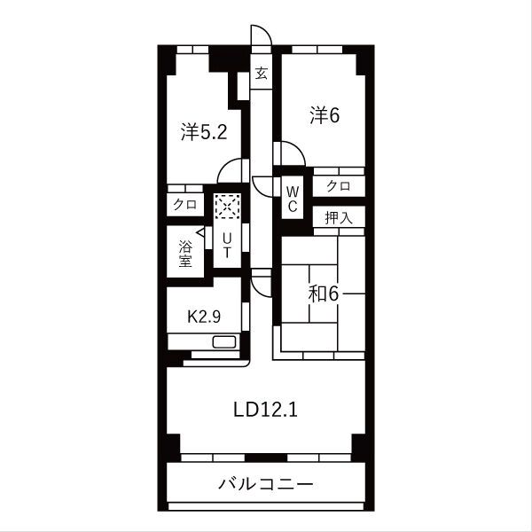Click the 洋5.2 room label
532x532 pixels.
point(205,132)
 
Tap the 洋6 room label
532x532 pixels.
point(325,115)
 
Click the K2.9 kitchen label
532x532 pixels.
point(203,316)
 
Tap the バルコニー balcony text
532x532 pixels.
point(266,484)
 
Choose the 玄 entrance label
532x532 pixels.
point(262,74)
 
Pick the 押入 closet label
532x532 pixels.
point(338,217)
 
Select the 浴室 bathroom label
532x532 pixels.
point(185,253)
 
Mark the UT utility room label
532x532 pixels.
point(228,245)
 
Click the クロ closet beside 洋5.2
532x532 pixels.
point(185,204)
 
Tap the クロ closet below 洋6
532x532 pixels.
point(338,185)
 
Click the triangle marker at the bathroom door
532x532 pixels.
point(202,232)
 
